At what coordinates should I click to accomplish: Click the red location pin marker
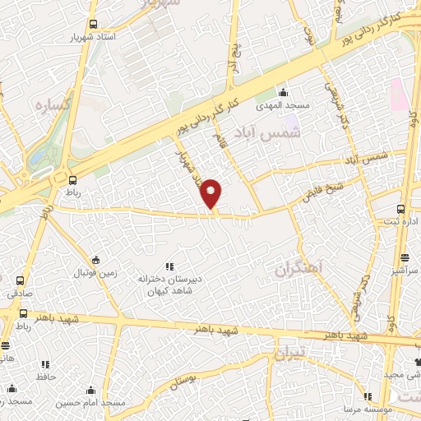coord(212,193)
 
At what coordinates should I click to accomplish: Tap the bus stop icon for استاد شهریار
coord(93,25)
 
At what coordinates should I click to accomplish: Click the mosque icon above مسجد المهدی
coord(284,91)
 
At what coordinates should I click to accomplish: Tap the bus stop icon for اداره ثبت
coord(400,209)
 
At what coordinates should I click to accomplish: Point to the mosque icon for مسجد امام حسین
coord(93,390)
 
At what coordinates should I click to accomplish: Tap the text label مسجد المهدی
coord(285,104)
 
